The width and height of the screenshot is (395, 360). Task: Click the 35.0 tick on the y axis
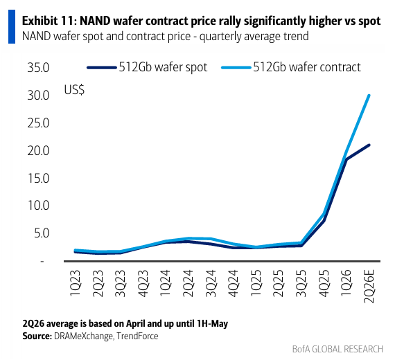[38, 68]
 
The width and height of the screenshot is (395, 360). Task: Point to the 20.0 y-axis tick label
[38, 151]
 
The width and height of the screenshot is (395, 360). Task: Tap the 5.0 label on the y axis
[42, 233]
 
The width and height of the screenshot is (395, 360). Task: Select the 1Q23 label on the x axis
[76, 283]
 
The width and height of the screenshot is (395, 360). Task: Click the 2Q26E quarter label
[369, 286]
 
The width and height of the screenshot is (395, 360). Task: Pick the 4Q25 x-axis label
[324, 283]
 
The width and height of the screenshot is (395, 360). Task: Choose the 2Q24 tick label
[188, 283]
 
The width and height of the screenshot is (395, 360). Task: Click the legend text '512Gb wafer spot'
[163, 67]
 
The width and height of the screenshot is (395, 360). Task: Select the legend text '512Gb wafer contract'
[307, 67]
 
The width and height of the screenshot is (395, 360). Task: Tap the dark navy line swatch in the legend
[102, 67]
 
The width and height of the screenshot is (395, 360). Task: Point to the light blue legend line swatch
[236, 67]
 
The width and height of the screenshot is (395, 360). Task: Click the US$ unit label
[74, 90]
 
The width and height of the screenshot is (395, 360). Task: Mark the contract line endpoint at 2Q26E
[369, 96]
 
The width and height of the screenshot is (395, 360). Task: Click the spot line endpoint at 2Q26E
[369, 145]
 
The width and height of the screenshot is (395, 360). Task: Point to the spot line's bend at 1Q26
[346, 160]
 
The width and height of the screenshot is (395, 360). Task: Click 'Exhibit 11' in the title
[49, 21]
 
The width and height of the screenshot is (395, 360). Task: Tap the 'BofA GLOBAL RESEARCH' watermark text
[337, 349]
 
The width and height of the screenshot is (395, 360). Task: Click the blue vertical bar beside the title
[12, 27]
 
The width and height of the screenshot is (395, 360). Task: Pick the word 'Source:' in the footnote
[37, 336]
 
